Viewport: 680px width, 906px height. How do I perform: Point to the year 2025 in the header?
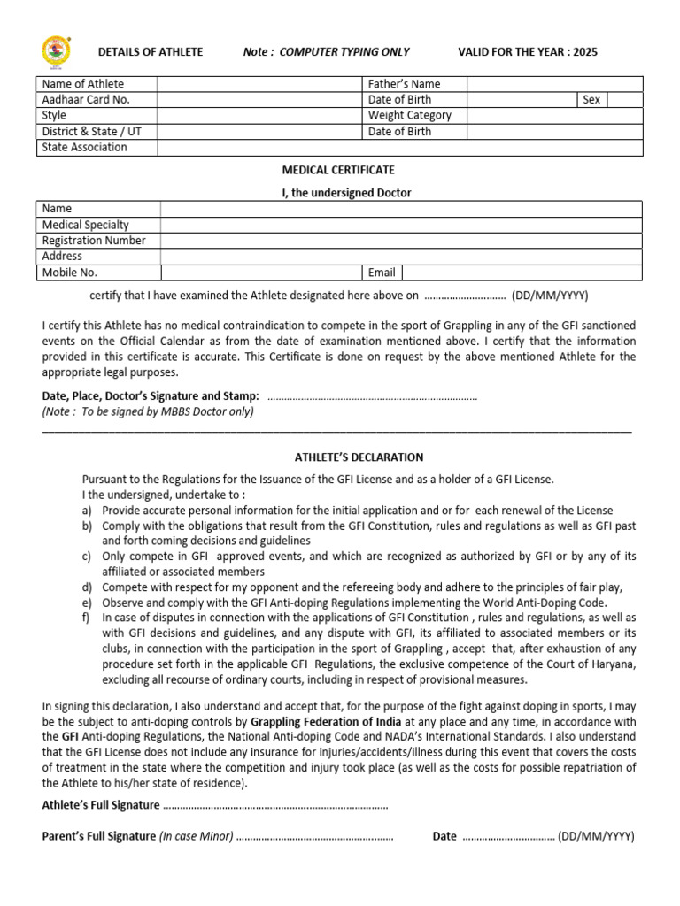585,52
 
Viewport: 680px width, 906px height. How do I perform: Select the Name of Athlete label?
83,84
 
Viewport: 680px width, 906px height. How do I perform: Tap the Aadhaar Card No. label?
86,100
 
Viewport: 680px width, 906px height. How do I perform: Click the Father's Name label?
404,84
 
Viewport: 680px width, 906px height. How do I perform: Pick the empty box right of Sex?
625,100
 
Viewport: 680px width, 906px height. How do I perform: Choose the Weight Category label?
409,116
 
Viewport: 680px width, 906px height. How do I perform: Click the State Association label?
85,148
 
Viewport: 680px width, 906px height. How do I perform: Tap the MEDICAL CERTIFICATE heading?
339,170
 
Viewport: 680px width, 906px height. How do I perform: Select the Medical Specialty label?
86,225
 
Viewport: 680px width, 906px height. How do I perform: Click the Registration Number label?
94,241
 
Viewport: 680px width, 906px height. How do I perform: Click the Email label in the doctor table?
382,273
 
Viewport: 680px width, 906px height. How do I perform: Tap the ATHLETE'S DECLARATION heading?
359,457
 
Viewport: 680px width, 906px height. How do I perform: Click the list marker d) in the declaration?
87,587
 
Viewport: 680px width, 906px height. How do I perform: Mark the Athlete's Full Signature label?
102,805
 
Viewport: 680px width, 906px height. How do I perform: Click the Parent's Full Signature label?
99,836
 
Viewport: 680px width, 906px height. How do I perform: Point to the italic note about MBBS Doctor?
148,411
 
